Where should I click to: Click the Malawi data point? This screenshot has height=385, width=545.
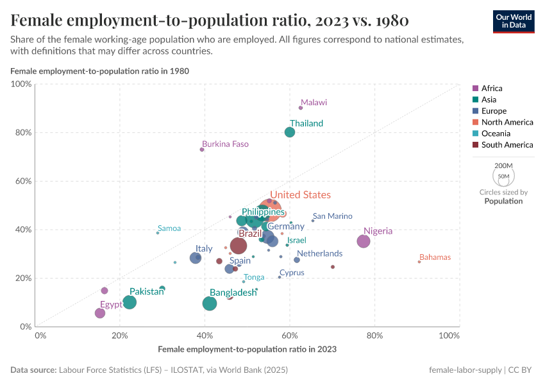(x=301, y=108)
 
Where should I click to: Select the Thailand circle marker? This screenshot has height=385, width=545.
(x=290, y=132)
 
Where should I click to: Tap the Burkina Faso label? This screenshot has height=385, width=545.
(x=225, y=144)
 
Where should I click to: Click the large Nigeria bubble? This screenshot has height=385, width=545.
(x=364, y=241)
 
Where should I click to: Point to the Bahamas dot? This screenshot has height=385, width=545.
(x=419, y=262)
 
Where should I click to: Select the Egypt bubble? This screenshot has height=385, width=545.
(x=100, y=313)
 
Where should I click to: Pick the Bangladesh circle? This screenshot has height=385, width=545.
(x=210, y=304)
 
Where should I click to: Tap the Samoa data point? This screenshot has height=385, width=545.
(x=158, y=233)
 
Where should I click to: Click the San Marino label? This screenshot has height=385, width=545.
(x=332, y=216)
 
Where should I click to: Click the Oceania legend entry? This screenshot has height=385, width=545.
(x=495, y=133)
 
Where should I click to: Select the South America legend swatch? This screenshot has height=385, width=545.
(x=476, y=145)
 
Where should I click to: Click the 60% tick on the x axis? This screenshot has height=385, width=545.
(x=290, y=336)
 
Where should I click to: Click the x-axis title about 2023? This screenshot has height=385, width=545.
(x=247, y=350)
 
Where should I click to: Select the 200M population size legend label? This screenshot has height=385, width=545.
(x=503, y=165)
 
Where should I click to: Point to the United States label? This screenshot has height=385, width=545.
(x=300, y=195)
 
